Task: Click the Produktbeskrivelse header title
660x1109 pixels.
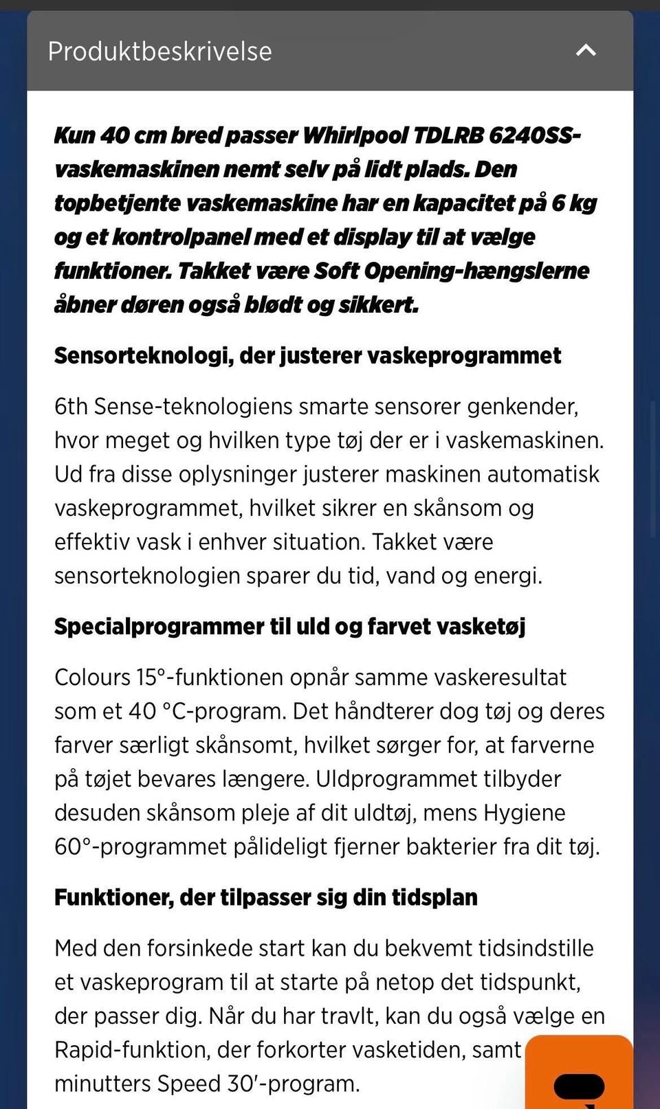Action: point(159,52)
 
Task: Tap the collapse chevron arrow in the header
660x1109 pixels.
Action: point(586,50)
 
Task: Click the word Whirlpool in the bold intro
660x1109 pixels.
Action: point(355,135)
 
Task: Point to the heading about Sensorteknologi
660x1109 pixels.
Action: point(307,355)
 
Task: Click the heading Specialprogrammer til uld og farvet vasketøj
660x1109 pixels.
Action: point(289,626)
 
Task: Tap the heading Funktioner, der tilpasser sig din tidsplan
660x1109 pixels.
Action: point(265,897)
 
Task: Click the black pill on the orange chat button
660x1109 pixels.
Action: point(579,1086)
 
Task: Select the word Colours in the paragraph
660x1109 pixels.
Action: point(92,677)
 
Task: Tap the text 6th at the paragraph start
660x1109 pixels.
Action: point(71,407)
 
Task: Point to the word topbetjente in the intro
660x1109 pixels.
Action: point(118,203)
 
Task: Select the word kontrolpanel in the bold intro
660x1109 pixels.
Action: point(180,237)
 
